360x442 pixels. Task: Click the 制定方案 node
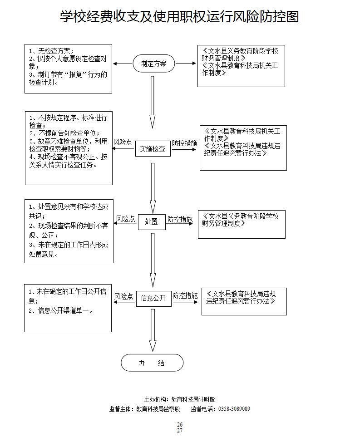tap(153, 64)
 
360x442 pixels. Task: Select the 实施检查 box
tap(153, 149)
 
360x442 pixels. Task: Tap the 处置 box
tap(152, 222)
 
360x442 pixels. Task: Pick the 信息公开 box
tap(153, 298)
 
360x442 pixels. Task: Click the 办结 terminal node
tap(152, 363)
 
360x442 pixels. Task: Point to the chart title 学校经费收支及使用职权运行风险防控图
tap(179, 17)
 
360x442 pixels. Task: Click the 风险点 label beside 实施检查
tap(123, 142)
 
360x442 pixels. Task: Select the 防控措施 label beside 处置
tap(180, 219)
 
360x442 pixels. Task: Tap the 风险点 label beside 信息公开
tap(123, 296)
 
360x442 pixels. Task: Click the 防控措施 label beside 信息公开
tap(185, 296)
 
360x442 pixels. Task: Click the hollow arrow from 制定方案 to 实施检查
tap(153, 102)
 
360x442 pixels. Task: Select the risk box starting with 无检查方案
tap(68, 68)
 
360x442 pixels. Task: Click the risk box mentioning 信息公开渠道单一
tap(68, 308)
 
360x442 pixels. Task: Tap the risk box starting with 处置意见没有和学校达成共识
tap(69, 231)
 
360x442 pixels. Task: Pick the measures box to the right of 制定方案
tap(241, 66)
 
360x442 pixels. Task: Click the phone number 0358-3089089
tap(234, 409)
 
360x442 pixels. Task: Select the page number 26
tap(180, 425)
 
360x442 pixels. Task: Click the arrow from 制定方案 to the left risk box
tap(122, 64)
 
